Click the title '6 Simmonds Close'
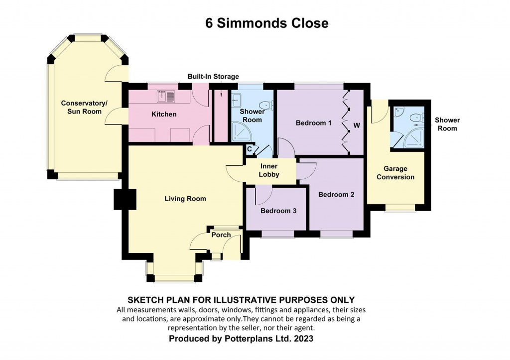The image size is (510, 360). click(x=267, y=23)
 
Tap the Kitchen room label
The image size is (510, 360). click(x=164, y=114)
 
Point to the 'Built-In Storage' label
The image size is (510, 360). click(x=213, y=77)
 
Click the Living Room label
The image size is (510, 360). click(x=185, y=199)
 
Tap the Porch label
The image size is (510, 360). click(x=221, y=235)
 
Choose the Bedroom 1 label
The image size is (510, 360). click(x=314, y=123)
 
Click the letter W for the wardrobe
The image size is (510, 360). click(x=357, y=125)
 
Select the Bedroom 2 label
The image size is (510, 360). click(x=336, y=194)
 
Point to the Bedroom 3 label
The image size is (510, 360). click(x=278, y=211)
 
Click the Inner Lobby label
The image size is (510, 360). click(x=269, y=170)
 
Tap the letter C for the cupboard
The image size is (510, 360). click(x=250, y=148)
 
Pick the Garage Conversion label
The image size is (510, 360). click(x=395, y=173)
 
